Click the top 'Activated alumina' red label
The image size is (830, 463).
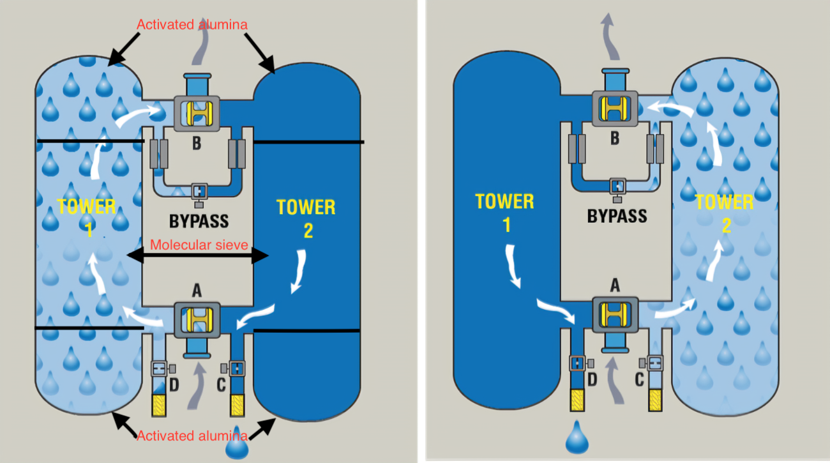(x=192, y=24)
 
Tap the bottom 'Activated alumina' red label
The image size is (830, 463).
(x=192, y=436)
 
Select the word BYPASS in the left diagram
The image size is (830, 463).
(x=199, y=222)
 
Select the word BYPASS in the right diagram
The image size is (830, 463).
(x=617, y=216)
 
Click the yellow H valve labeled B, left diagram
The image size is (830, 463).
(x=197, y=114)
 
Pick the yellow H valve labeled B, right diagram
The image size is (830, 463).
(x=615, y=109)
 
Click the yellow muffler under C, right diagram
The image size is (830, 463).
(x=655, y=400)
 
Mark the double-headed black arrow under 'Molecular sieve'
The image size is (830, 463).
(x=197, y=257)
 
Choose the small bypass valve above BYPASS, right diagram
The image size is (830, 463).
(x=617, y=186)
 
